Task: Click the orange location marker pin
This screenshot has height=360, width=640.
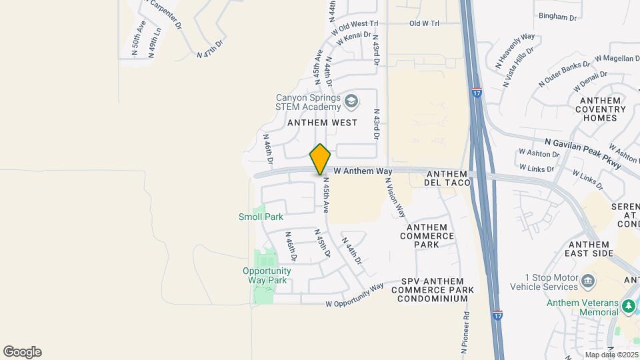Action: pos(320,159)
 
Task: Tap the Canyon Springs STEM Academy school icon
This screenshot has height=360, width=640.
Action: pos(351,102)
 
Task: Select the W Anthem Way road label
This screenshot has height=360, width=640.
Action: pos(363,171)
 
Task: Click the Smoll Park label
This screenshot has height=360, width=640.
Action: pos(261,217)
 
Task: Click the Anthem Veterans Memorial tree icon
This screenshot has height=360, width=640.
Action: pos(628,306)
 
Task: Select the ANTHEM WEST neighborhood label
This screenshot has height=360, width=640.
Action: pos(322,123)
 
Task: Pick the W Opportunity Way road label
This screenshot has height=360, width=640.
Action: pos(355,295)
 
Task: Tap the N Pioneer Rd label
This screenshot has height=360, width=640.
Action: pos(465,333)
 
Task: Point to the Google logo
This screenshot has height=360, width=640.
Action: pos(22,352)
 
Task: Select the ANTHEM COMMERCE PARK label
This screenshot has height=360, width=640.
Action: pos(427,236)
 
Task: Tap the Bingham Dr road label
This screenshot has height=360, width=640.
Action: pos(557,17)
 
